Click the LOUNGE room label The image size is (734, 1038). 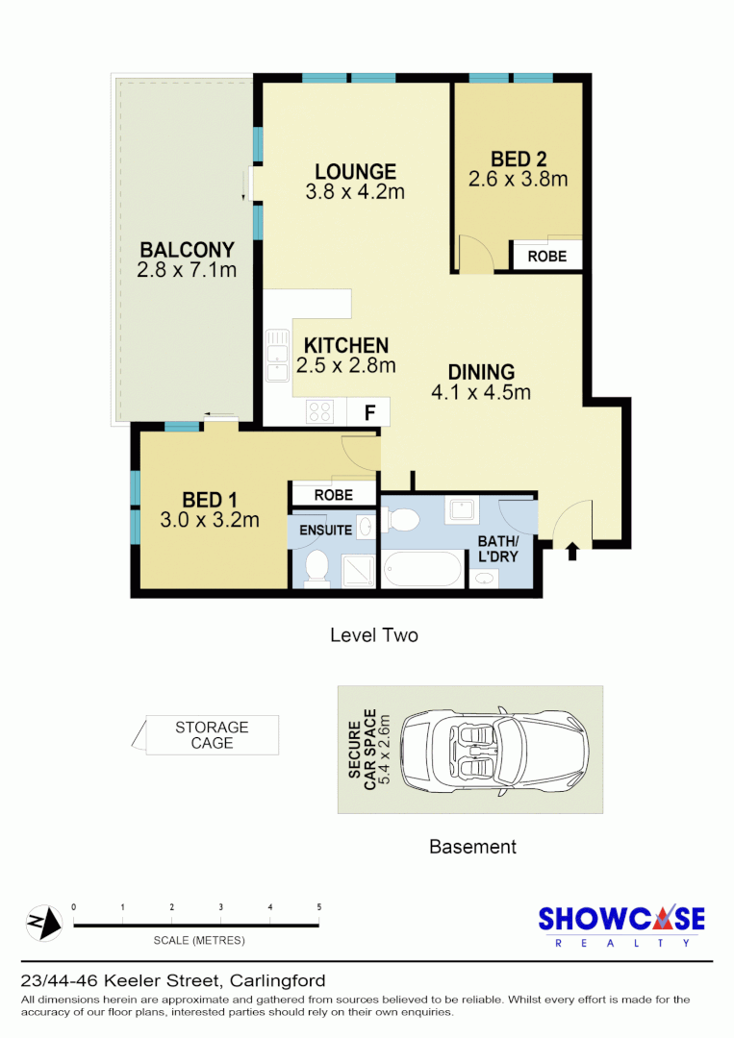click(x=355, y=171)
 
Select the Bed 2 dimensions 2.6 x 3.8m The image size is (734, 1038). click(x=518, y=180)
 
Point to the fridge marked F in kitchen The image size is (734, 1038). click(x=368, y=412)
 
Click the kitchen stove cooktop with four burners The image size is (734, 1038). click(x=319, y=412)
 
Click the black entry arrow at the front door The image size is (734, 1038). click(x=573, y=552)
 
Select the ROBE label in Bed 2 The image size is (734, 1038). click(x=546, y=257)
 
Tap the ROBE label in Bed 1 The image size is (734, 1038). click(x=333, y=495)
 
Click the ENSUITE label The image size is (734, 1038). click(x=325, y=530)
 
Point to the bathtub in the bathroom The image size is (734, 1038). click(x=423, y=569)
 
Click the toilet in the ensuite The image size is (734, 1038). click(x=316, y=568)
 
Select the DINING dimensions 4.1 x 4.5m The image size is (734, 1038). click(x=481, y=392)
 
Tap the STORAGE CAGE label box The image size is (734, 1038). click(x=212, y=735)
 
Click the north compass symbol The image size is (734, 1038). click(x=43, y=925)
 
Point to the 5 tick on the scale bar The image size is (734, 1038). click(x=318, y=908)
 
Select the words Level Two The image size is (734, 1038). click(x=373, y=635)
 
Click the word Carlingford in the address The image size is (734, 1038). click(x=277, y=981)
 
